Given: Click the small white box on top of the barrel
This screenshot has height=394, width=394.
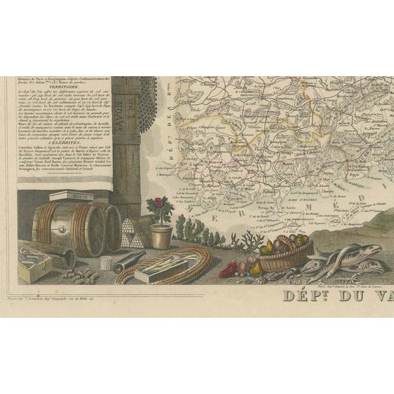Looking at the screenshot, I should pos(71,196).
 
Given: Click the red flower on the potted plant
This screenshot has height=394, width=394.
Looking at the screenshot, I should pos(160,202).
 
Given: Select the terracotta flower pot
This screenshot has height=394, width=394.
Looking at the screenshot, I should pos(162,236).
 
